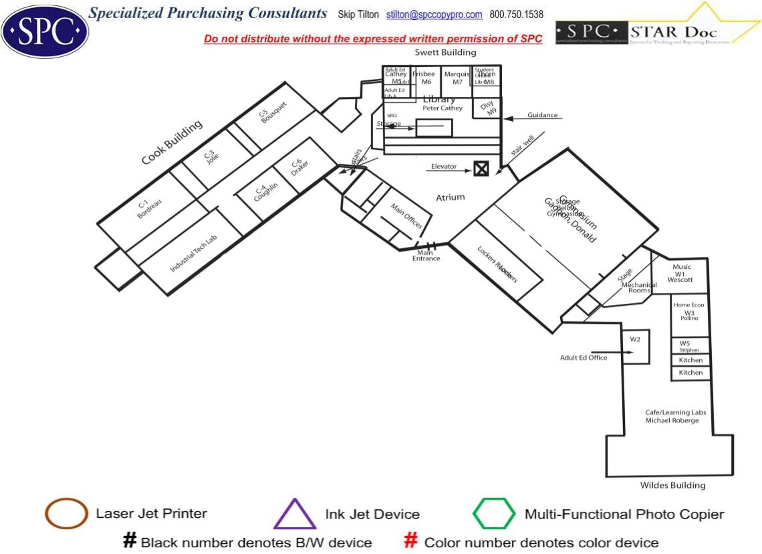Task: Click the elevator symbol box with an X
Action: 481,169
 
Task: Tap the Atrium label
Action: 450,197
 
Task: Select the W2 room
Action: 635,346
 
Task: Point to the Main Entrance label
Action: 426,256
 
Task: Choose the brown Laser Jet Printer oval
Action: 66,515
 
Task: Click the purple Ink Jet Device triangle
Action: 295,515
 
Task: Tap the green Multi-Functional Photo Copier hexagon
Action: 494,514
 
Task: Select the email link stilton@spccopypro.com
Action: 434,15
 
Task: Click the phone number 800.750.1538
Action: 516,15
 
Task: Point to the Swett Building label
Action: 446,52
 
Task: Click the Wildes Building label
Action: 672,485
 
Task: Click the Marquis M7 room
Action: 457,78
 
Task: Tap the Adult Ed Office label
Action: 584,358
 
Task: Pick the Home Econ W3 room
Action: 690,313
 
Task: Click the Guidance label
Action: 542,115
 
